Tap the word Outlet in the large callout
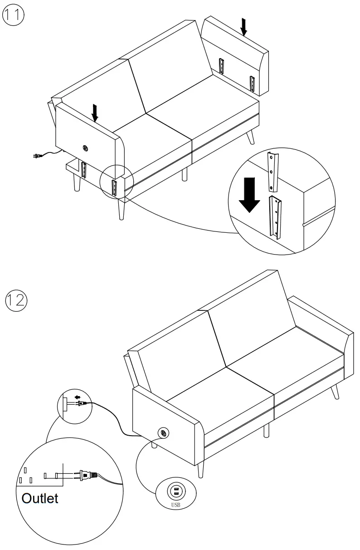[40, 498]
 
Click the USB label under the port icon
[176, 504]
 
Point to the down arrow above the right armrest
[244, 27]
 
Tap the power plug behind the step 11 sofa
[37, 157]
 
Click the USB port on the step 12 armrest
[162, 433]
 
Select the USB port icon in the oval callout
[176, 491]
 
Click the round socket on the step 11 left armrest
[84, 147]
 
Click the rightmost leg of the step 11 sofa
[250, 137]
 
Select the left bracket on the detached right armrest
[221, 66]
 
